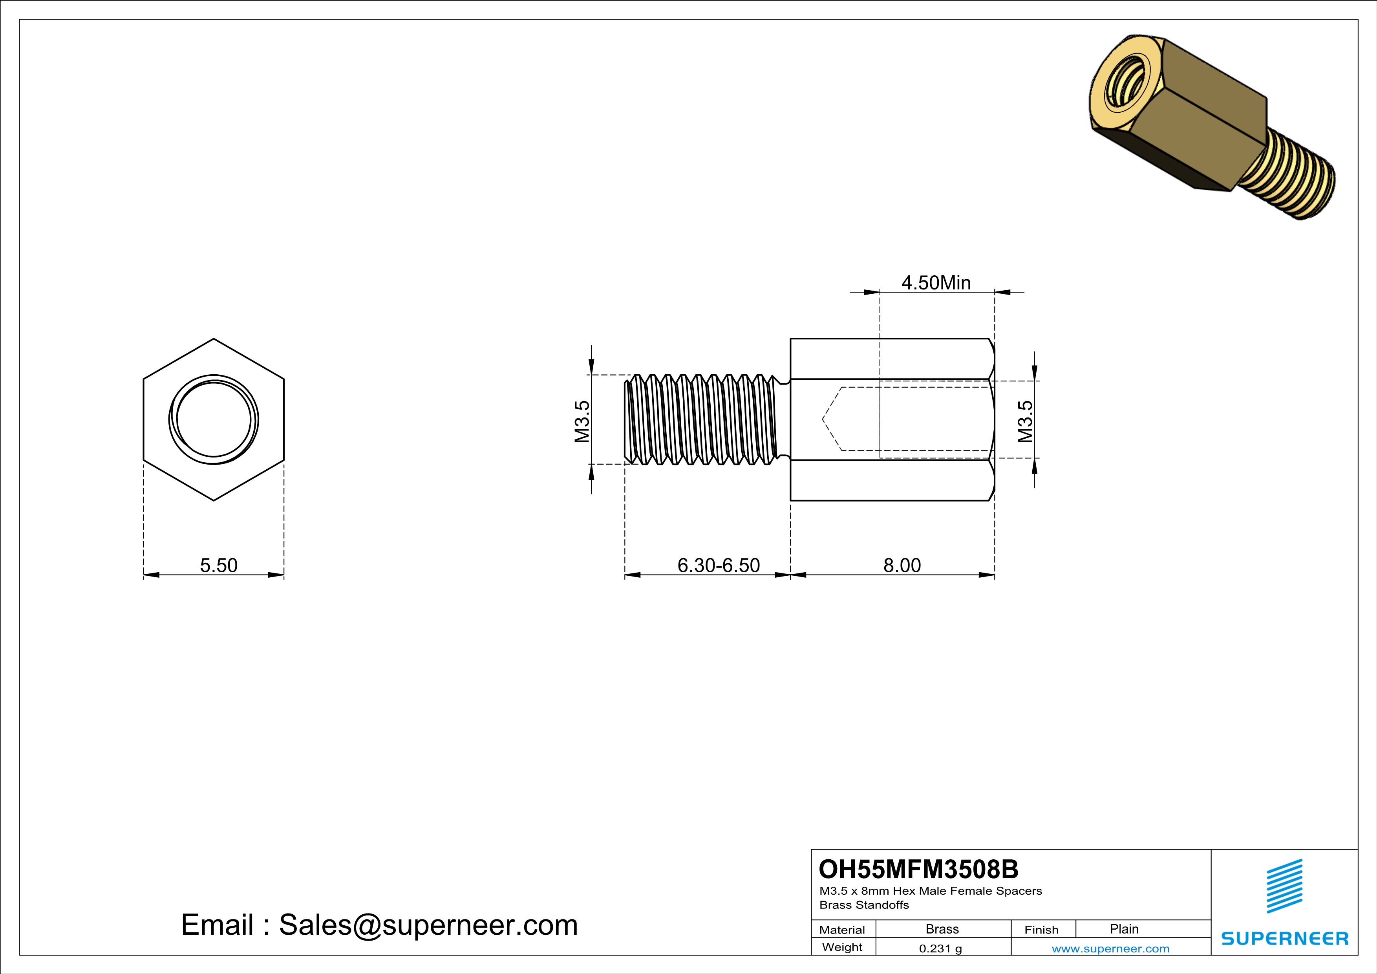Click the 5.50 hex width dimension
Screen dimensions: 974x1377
218,565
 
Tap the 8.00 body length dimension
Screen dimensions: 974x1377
902,565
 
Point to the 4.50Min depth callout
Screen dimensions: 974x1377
936,282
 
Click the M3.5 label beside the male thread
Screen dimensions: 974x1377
582,422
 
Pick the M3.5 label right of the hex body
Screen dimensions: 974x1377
1026,422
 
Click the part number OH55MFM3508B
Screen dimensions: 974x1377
918,869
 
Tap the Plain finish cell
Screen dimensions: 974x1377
1124,929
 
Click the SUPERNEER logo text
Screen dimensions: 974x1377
1285,939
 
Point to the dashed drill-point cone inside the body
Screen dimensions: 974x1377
832,419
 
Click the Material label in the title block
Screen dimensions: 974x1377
842,930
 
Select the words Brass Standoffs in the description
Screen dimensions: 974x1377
864,905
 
